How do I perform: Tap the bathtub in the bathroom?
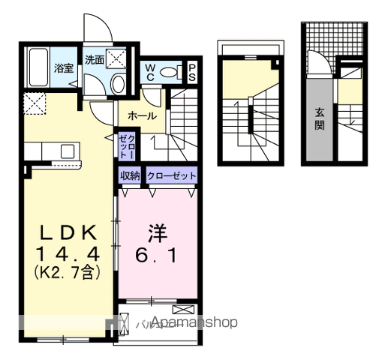37,70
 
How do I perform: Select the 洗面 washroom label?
93,59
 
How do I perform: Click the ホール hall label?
141,115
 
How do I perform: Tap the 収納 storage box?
129,175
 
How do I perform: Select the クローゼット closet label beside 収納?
172,175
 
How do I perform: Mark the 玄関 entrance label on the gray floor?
319,118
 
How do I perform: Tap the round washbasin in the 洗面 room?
116,82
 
